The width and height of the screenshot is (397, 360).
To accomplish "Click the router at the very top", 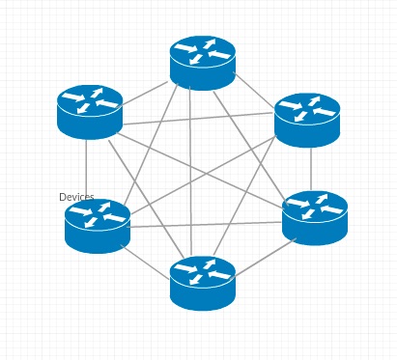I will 203,62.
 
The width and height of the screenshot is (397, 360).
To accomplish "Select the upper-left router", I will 90,111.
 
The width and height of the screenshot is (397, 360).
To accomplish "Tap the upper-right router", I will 307,119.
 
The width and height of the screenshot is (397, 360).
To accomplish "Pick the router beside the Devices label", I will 98,225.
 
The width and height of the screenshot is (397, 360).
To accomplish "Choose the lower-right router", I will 315,217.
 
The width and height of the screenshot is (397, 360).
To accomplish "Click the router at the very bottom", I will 203,282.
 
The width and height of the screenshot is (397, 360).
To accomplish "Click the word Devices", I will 76,197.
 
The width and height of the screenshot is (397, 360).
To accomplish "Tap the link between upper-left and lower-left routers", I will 87,169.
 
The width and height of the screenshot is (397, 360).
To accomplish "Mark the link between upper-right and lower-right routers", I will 311,169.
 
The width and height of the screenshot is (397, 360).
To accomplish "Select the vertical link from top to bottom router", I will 190,174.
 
